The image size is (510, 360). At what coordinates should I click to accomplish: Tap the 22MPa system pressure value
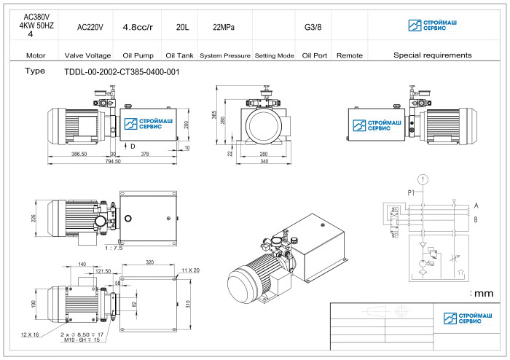tap(224, 27)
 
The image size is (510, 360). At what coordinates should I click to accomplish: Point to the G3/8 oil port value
tap(313, 27)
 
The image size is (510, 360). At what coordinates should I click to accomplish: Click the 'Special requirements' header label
tap(432, 55)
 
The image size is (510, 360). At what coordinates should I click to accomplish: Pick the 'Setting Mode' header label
tap(274, 55)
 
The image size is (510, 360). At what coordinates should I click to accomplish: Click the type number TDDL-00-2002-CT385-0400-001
tap(122, 72)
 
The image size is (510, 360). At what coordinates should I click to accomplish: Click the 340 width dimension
tap(263, 161)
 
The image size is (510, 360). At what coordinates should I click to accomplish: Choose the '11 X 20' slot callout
tap(190, 270)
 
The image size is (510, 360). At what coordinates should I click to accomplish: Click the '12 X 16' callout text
tap(30, 334)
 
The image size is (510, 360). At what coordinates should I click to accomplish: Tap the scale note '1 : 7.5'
tap(115, 247)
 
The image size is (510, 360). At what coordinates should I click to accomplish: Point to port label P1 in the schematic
tap(412, 193)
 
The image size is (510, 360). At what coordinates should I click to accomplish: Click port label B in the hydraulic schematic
tap(476, 219)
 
